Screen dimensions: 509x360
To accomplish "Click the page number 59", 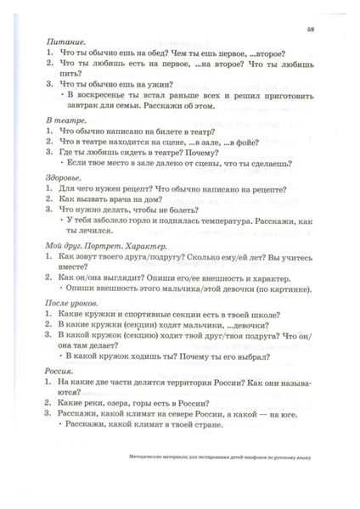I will click(312, 29).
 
